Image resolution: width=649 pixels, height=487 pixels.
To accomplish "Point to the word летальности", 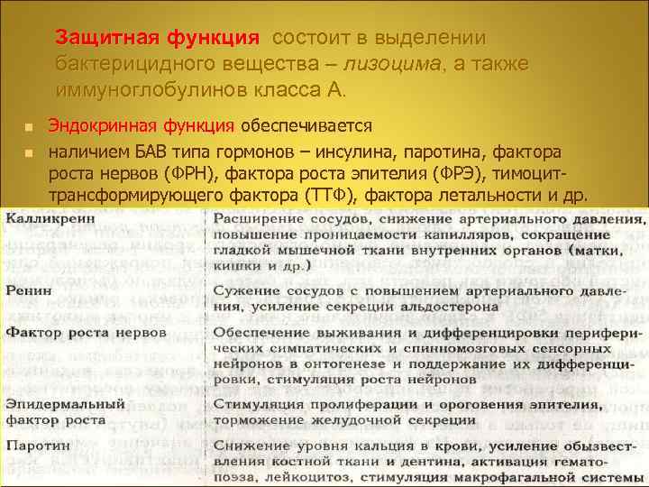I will [x=489, y=196].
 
